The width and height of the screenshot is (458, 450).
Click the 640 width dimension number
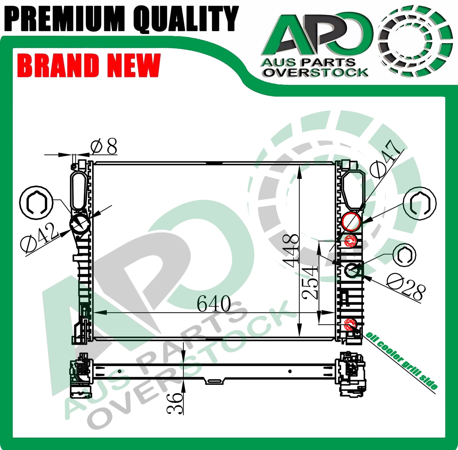point(214,303)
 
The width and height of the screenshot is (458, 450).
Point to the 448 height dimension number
point(290,251)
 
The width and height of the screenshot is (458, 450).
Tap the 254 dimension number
point(309,282)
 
